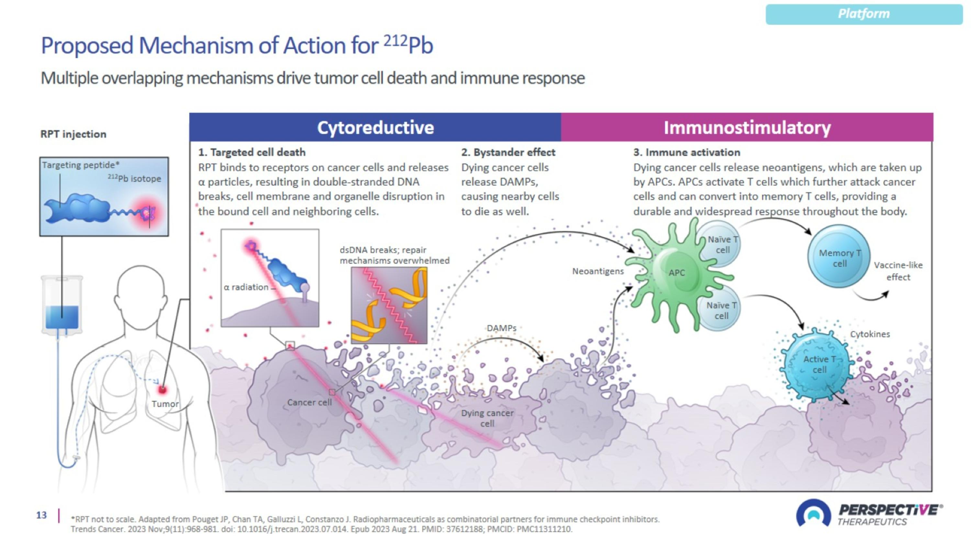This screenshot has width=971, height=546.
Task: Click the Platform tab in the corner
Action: click(864, 14)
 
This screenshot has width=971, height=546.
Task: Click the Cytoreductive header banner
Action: click(375, 128)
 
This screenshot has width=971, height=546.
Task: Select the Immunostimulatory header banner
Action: click(747, 128)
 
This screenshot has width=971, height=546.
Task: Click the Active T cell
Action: click(819, 365)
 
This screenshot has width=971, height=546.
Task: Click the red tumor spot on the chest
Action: click(162, 390)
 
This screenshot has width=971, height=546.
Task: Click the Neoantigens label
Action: click(598, 271)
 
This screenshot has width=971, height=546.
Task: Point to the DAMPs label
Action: click(501, 328)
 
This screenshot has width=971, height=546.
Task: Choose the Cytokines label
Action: click(870, 334)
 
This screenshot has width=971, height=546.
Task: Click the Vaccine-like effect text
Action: click(898, 271)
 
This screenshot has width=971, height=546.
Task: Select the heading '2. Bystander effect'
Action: click(508, 152)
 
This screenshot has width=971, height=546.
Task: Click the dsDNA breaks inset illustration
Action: click(389, 305)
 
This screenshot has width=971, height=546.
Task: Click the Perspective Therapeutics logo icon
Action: click(813, 513)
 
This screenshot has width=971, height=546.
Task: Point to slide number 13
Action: click(41, 515)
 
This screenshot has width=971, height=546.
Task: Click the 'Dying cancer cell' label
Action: click(487, 418)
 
